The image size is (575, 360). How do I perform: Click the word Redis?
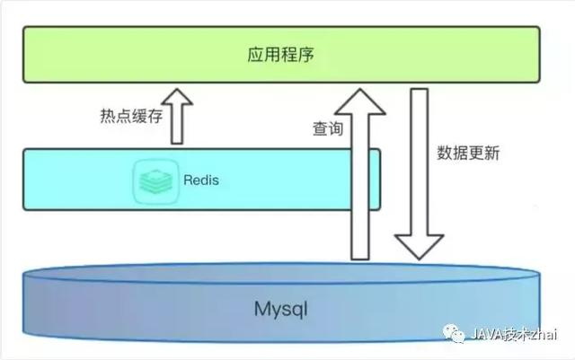[200, 180]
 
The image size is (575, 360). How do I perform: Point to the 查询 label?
[327, 129]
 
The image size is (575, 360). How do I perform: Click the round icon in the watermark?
[456, 334]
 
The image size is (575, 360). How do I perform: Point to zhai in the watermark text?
[542, 335]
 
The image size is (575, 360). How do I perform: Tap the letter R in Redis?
[186, 180]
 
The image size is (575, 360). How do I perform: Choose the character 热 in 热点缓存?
[106, 116]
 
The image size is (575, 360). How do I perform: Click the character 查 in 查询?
[319, 129]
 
